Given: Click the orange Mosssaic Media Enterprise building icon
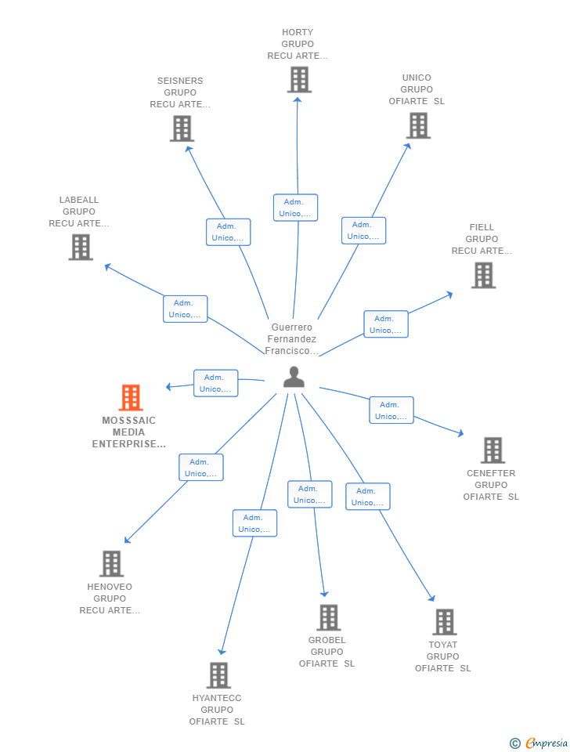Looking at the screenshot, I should point(131,398).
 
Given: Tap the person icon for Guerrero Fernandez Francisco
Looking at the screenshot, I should point(294,377).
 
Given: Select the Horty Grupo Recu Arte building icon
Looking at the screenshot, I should point(298,80).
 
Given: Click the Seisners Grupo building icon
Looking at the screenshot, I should point(182,128).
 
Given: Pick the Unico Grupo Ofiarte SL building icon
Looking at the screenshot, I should point(418,125).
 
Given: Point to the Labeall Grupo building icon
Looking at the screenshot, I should point(81,248).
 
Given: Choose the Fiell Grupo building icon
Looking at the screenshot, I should point(483,275).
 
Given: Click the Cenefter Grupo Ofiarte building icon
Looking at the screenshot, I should point(492,450).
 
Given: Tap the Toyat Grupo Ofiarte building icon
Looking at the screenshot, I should point(444,622).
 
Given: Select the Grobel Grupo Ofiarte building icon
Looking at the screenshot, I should point(328,617).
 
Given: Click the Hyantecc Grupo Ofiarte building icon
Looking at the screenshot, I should point(218,675).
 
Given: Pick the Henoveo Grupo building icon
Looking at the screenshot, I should point(111,564).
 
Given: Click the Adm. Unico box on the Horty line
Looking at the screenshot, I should point(295,208).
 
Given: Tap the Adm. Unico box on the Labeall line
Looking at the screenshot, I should point(185,309).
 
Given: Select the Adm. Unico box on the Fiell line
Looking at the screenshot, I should point(385,324).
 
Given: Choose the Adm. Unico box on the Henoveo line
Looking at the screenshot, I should point(201,468).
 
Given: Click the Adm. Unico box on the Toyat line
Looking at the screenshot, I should point(368,497).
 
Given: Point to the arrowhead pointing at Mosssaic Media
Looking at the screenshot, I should point(168,387).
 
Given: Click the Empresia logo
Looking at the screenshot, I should point(539,743).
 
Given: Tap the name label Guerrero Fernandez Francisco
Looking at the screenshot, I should point(291,339).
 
